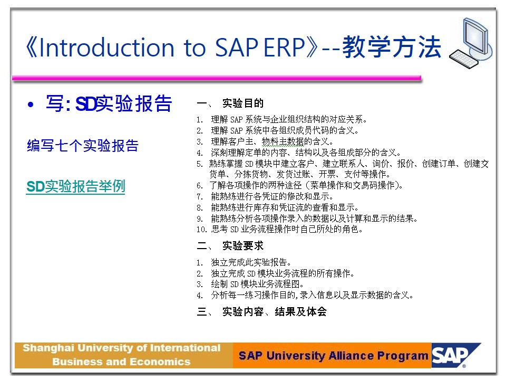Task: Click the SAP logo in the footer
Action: (455, 355)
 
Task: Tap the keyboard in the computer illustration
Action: (463, 59)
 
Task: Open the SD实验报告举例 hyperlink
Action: (75, 186)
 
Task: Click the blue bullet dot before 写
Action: (31, 104)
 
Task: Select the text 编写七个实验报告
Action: (83, 146)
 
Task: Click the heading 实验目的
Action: (243, 103)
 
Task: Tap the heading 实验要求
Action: (243, 245)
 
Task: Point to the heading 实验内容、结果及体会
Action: (275, 311)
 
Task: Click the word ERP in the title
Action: (284, 47)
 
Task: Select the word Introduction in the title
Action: (106, 47)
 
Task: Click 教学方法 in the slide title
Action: (392, 47)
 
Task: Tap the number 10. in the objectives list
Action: (202, 230)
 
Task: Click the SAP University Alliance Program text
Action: (333, 356)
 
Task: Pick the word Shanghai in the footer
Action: (48, 348)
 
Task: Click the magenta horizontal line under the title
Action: (217, 78)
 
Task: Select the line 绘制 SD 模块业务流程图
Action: (258, 284)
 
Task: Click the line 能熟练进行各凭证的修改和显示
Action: (272, 196)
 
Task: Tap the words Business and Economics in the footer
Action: (121, 362)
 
